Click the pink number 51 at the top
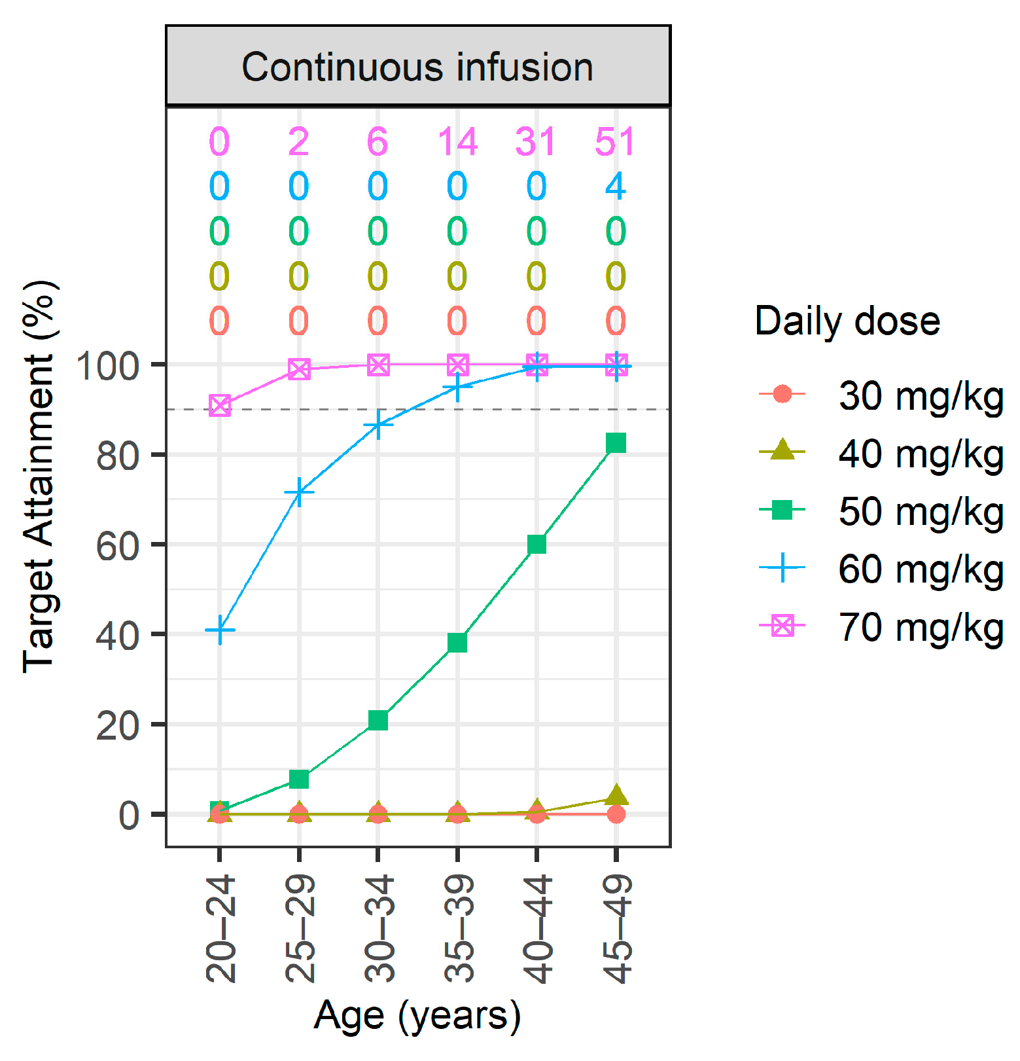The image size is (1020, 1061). point(615,142)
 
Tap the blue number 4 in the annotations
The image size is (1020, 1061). point(615,187)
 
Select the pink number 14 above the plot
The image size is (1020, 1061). point(457,142)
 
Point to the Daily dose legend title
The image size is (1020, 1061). point(847,321)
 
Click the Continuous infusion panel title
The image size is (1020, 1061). point(417,67)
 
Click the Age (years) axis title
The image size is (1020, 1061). point(417,1015)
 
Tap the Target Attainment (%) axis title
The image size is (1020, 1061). point(39,477)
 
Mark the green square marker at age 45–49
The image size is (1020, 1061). point(616,443)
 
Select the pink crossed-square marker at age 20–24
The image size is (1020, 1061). point(220,406)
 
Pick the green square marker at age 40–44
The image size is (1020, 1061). point(536,544)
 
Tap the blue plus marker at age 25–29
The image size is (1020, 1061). point(299,492)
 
